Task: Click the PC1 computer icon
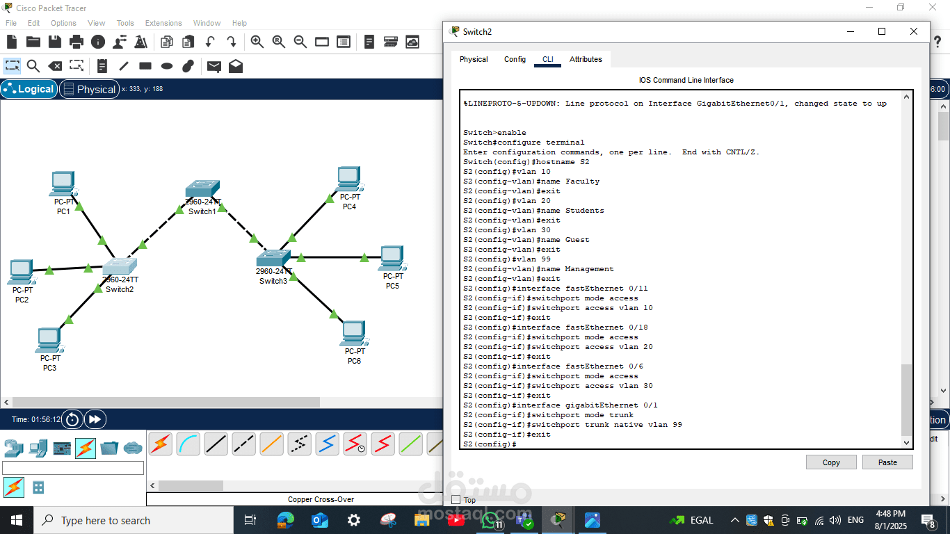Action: pos(63,183)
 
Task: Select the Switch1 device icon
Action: pos(202,189)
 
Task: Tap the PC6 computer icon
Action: pos(354,334)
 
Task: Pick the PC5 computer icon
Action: pos(393,258)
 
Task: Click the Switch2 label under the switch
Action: pos(120,289)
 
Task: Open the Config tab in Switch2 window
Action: pos(515,60)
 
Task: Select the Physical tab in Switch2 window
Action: pos(474,60)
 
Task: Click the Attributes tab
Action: pos(586,60)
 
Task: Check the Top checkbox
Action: pos(456,500)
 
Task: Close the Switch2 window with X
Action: pos(914,31)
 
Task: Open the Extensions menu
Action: pos(163,23)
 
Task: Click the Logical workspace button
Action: pos(29,89)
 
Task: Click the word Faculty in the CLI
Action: pos(582,181)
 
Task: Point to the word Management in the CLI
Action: pos(589,269)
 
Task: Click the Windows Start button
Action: pos(17,520)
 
